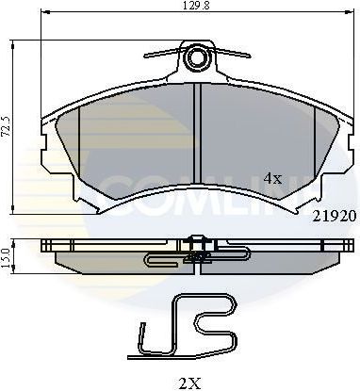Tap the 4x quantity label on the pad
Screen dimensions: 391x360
(273, 176)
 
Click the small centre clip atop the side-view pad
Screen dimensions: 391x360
(196, 238)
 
